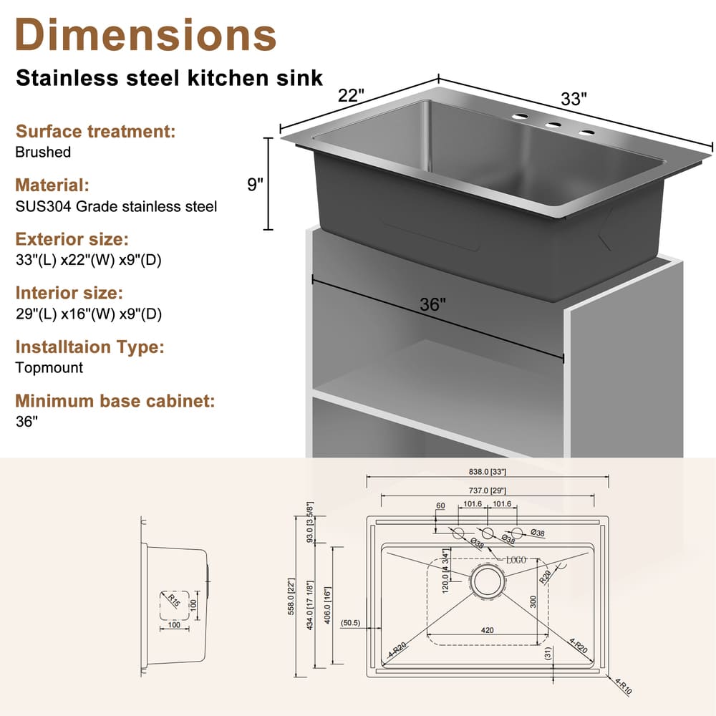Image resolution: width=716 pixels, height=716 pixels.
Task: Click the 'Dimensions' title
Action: pos(145,34)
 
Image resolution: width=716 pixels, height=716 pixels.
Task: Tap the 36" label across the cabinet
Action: pos(432,304)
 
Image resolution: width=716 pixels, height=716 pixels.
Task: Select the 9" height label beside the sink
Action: pos(255,184)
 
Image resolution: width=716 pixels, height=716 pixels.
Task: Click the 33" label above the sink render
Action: pos(574,99)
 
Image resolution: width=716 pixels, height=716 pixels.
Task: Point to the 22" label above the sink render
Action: pos(352,95)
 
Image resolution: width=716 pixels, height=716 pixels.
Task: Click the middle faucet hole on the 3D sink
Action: pos(553,125)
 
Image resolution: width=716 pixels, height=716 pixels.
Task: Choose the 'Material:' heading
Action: pos(52,185)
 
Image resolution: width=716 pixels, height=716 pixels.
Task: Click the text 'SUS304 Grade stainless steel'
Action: pos(115,206)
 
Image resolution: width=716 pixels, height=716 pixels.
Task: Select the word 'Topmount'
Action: pos(49,367)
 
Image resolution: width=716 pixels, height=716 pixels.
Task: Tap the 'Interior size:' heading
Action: pos(69,293)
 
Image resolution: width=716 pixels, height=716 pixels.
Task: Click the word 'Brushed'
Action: pos(43,152)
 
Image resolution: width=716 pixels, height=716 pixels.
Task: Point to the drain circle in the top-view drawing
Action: pos(487,582)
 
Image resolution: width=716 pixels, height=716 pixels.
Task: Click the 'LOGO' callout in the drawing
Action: pos(516,559)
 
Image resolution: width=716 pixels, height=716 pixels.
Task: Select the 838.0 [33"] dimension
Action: pos(487,472)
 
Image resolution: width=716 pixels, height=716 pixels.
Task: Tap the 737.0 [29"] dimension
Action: pos(487,490)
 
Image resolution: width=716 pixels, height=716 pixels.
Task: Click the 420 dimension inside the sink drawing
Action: pos(487,631)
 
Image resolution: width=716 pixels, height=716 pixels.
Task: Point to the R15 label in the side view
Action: pos(173,599)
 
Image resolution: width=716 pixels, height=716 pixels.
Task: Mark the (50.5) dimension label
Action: pos(351,622)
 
